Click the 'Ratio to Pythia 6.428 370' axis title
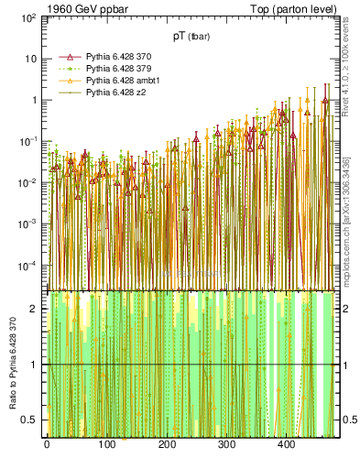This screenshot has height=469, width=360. [x=12, y=365]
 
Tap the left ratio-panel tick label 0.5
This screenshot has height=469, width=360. [x=28, y=420]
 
